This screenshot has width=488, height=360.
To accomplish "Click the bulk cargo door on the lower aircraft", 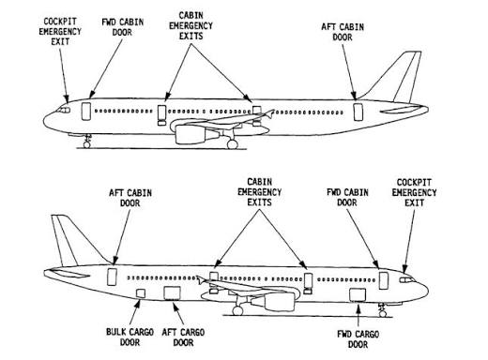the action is pyautogui.click(x=141, y=293).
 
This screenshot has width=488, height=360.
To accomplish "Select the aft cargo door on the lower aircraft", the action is pyautogui.click(x=173, y=293).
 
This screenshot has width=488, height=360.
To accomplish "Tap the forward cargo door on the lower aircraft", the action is pyautogui.click(x=358, y=294).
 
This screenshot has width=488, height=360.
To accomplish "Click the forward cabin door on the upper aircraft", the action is pyautogui.click(x=86, y=112).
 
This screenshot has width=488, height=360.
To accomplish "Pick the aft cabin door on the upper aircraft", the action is pyautogui.click(x=358, y=112).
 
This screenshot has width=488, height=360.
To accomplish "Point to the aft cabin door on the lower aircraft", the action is pyautogui.click(x=112, y=277).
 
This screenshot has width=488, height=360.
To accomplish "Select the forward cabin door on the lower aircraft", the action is pyautogui.click(x=384, y=280).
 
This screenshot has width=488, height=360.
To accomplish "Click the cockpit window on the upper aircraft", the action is pyautogui.click(x=64, y=110).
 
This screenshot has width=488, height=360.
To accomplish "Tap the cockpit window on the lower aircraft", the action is pyautogui.click(x=407, y=279).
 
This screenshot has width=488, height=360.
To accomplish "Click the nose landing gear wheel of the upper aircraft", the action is pyautogui.click(x=87, y=144).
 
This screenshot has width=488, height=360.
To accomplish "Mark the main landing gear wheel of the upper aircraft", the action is pyautogui.click(x=233, y=144).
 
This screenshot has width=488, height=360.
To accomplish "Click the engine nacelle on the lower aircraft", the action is pyautogui.click(x=275, y=302).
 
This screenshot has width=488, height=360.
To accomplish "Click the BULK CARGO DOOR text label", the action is pyautogui.click(x=130, y=337).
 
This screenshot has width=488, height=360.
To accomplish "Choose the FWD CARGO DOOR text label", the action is pyautogui.click(x=358, y=339).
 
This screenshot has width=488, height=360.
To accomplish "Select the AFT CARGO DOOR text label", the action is pyautogui.click(x=183, y=337).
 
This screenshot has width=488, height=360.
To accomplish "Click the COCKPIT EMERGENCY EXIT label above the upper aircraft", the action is pyautogui.click(x=60, y=32).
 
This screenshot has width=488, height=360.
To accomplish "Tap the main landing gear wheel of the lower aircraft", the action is pyautogui.click(x=237, y=310).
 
